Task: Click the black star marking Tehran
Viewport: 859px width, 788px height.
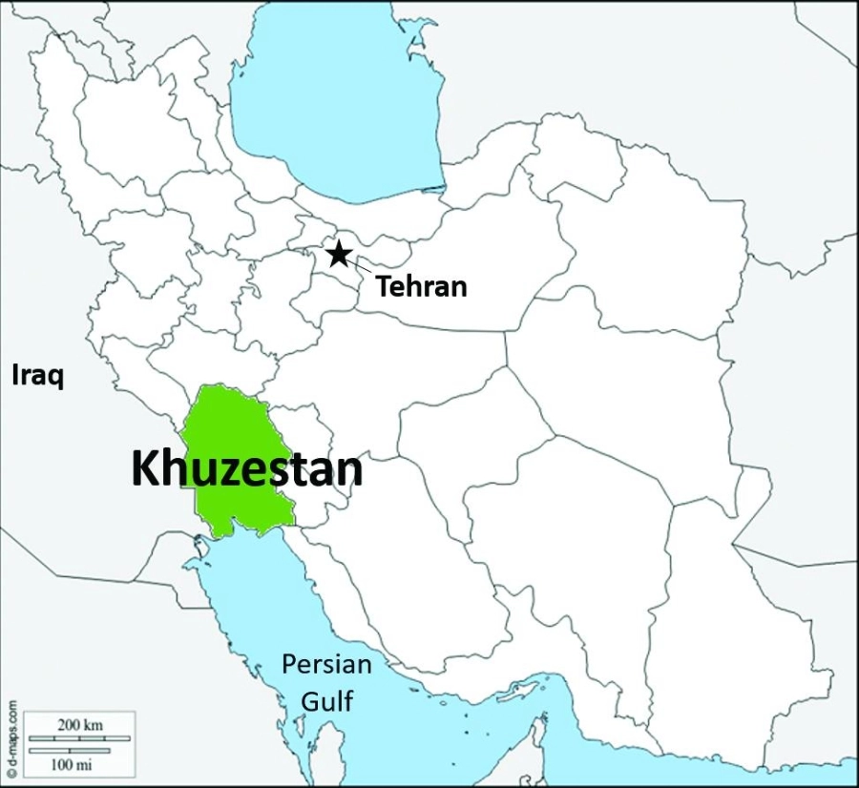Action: tap(337, 254)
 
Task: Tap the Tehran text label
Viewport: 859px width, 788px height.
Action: tap(421, 285)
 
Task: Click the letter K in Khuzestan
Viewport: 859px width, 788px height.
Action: tap(145, 469)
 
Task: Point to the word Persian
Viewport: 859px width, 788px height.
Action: tap(326, 665)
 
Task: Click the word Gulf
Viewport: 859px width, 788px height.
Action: tap(327, 702)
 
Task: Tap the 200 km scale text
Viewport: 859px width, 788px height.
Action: tap(80, 725)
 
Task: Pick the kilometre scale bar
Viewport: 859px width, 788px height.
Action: tap(80, 737)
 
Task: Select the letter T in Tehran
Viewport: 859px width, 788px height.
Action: tap(384, 284)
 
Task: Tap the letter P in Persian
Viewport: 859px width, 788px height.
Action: tap(288, 665)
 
